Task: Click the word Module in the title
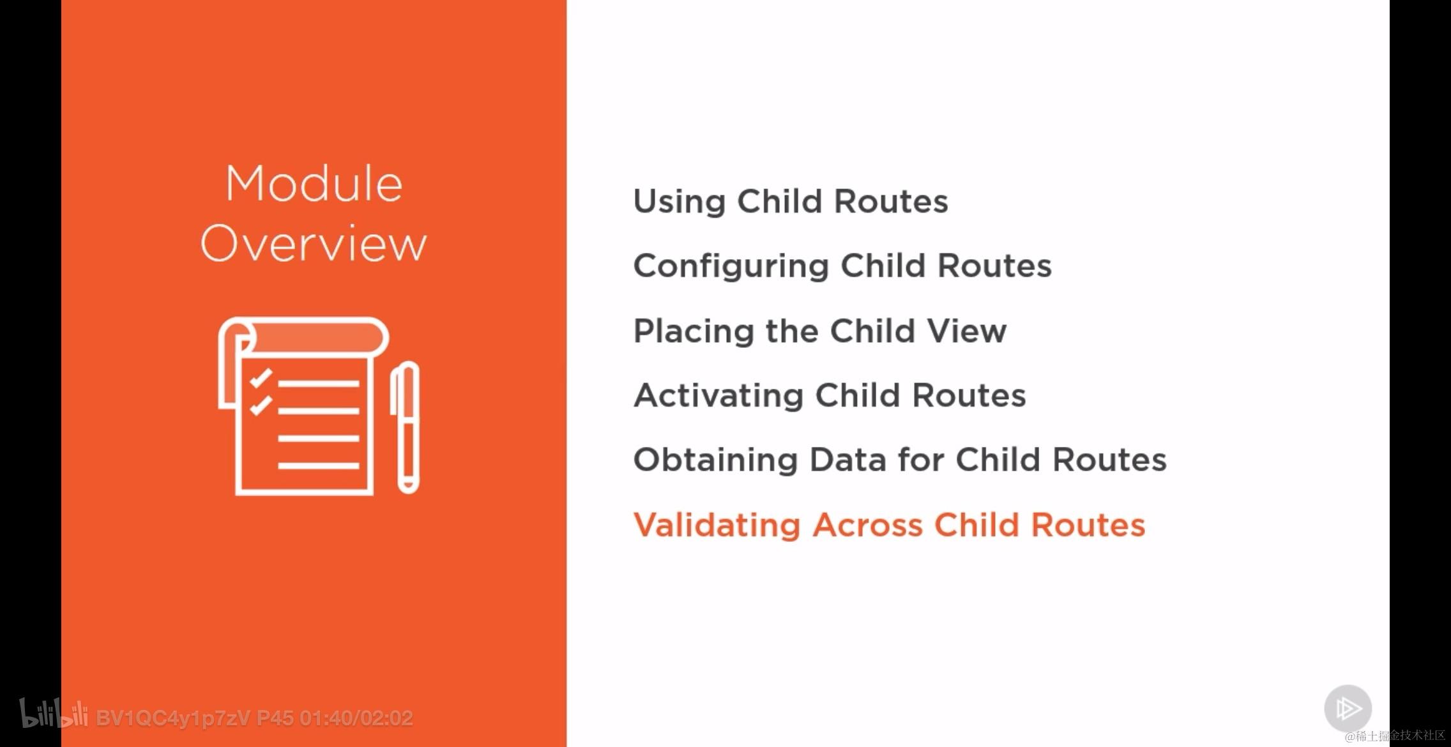(314, 184)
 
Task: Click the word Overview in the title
(314, 243)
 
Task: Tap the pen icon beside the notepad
(406, 427)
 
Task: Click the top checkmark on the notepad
(261, 378)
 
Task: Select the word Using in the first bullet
(680, 202)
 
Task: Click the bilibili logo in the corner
(54, 713)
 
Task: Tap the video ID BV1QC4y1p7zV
(173, 718)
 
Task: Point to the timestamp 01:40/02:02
(356, 718)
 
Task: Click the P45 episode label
(275, 718)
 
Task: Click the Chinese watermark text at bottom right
(1395, 736)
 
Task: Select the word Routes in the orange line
(1088, 525)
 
